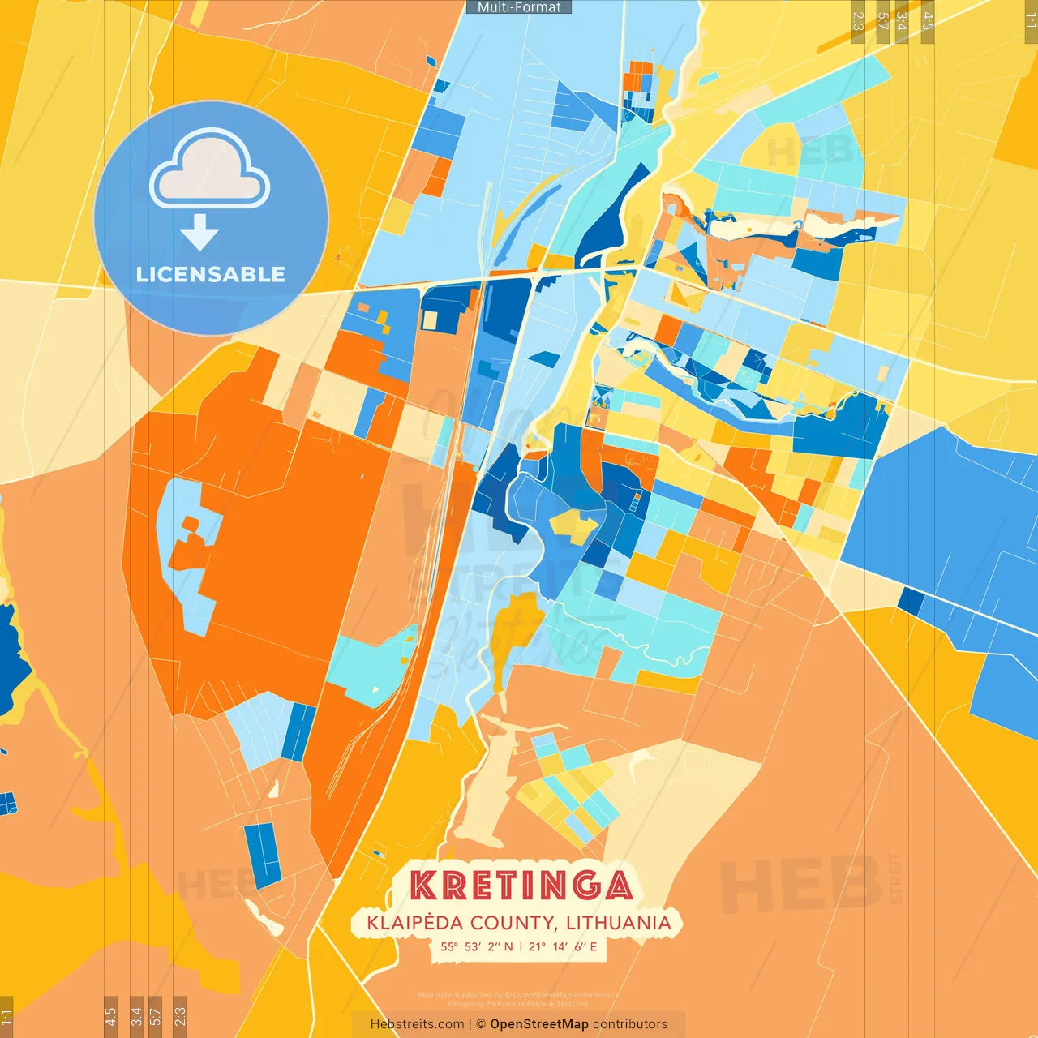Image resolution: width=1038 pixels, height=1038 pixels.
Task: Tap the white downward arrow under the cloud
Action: tap(199, 234)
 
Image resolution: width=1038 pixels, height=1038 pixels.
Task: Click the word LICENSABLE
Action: tap(211, 274)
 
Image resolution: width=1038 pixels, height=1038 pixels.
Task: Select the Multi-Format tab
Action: tap(519, 7)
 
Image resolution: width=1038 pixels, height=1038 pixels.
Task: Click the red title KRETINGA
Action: tap(521, 886)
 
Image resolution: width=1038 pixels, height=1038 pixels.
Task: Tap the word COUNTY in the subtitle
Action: tap(513, 923)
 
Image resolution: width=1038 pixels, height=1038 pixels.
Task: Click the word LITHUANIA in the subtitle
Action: tap(619, 923)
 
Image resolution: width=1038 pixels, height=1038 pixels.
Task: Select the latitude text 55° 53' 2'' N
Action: tap(477, 946)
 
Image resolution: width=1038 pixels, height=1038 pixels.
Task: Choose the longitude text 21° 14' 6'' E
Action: tap(563, 946)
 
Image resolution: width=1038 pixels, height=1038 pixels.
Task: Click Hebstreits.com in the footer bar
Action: tap(417, 1024)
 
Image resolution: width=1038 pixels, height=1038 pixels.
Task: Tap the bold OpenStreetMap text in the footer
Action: tap(539, 1024)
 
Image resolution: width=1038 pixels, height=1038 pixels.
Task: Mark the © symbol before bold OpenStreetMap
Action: tap(481, 1024)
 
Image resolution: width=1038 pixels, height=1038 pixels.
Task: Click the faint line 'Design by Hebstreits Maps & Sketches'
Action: tap(519, 1004)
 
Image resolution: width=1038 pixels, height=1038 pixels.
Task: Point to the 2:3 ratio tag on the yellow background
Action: tap(858, 20)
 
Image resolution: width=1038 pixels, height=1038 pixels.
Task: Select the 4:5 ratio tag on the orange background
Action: tap(110, 1015)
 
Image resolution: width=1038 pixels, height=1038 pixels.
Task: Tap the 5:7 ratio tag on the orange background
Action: tap(156, 1015)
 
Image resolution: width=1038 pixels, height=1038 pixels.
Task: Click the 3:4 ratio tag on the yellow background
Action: tap(902, 20)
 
